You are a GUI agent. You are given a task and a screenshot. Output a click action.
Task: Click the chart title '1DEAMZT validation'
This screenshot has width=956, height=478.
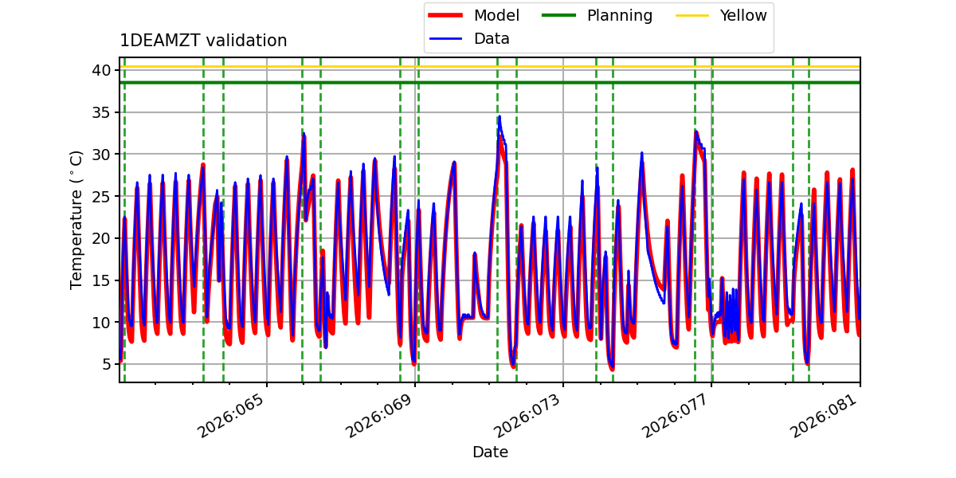pos(203,41)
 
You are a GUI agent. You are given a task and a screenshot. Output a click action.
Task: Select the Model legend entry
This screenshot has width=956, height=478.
pos(474,15)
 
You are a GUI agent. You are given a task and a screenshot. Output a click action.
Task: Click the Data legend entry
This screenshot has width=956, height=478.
pos(469,39)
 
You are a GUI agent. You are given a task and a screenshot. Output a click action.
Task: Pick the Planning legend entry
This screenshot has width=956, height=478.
pos(597,15)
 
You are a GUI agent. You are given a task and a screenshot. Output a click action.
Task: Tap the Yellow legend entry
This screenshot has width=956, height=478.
pos(721,15)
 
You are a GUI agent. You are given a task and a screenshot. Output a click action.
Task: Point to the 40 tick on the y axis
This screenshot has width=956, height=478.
pos(101,70)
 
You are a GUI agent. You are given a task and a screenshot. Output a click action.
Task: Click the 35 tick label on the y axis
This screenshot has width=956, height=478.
pos(101,112)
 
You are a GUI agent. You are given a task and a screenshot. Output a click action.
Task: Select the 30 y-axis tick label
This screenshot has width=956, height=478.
pos(101,154)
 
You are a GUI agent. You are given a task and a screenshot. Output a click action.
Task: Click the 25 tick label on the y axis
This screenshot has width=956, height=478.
pos(101,196)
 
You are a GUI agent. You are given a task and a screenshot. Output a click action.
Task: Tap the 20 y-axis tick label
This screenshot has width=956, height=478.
pos(101,238)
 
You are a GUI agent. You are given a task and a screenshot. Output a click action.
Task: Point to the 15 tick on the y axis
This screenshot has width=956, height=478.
pos(101,280)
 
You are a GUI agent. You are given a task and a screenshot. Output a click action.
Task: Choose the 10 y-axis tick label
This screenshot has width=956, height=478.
pos(101,322)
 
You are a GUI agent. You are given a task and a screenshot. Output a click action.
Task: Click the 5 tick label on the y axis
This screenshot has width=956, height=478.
pos(106,364)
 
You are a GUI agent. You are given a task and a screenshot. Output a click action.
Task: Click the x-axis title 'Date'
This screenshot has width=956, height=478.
pos(491,452)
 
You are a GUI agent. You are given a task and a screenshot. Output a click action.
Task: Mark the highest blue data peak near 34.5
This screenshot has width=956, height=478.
pos(500,116)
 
